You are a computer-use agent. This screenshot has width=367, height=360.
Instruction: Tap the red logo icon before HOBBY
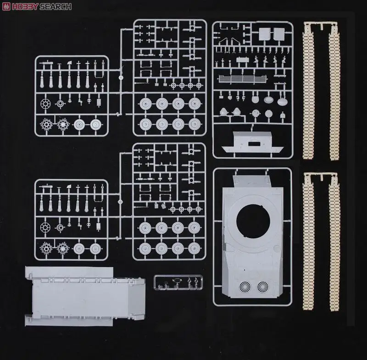click(6, 6)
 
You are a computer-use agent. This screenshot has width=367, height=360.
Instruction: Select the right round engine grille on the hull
click(263, 287)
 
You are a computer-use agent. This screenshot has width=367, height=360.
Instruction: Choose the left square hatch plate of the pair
click(265, 34)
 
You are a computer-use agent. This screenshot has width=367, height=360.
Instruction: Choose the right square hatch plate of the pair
click(278, 34)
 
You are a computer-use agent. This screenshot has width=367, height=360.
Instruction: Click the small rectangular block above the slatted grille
click(242, 60)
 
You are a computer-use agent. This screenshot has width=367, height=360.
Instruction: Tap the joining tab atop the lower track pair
click(321, 176)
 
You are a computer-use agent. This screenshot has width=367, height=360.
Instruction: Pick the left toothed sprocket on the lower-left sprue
click(45, 248)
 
